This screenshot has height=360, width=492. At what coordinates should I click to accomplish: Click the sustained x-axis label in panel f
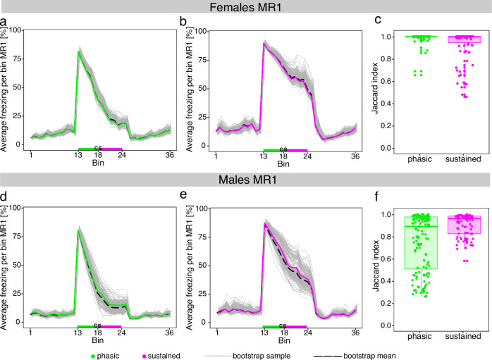coord(463,335)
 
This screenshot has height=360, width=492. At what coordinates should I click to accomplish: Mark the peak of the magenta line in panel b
coord(264,44)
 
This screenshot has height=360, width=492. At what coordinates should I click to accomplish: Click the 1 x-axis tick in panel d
coord(31,332)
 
